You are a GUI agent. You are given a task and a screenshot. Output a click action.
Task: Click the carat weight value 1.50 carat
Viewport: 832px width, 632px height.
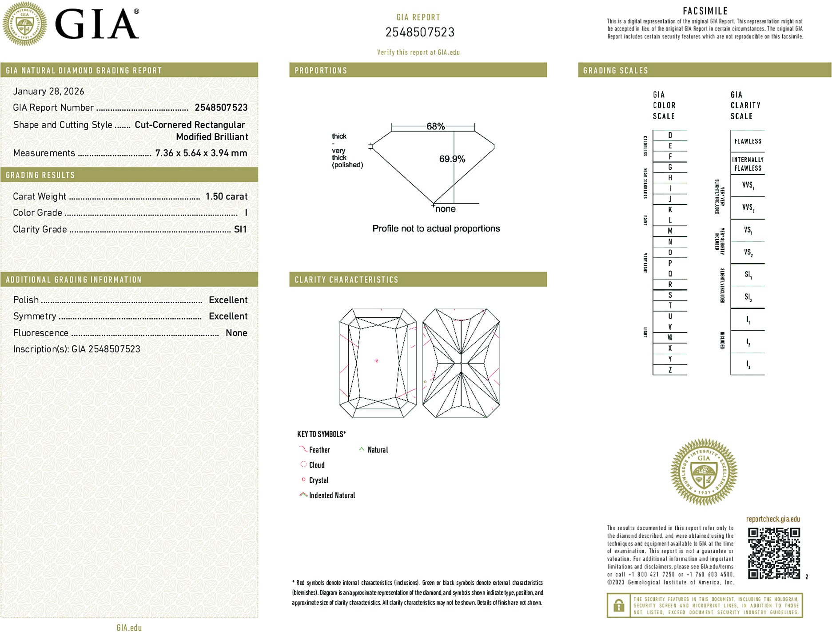[x=226, y=196]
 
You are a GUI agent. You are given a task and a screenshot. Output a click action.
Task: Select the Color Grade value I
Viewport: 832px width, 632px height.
[x=246, y=213]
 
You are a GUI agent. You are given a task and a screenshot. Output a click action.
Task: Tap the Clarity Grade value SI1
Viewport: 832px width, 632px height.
[x=240, y=229]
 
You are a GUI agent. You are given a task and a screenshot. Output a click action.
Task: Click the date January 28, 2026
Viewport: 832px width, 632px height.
[x=48, y=91]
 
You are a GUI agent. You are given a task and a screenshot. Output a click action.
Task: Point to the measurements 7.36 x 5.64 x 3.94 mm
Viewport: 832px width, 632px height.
[x=201, y=153]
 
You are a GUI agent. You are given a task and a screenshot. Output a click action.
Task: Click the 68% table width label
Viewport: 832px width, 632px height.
[x=435, y=126]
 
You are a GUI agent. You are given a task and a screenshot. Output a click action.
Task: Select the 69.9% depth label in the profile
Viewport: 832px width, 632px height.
[x=452, y=159]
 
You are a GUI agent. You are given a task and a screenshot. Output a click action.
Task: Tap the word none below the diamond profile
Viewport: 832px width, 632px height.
[x=445, y=209]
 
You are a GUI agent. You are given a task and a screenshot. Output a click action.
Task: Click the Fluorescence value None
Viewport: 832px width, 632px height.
[x=236, y=333]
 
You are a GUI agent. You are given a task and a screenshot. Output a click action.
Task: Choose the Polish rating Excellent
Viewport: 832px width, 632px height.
[x=228, y=300]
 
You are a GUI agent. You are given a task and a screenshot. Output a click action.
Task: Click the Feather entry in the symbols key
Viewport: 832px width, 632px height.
[x=319, y=450]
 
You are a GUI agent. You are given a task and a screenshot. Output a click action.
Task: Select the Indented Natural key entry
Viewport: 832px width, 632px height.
[x=332, y=495]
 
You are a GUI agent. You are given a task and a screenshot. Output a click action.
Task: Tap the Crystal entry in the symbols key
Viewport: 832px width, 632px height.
[x=318, y=480]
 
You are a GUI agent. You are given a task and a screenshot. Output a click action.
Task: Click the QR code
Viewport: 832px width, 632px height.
[x=774, y=553]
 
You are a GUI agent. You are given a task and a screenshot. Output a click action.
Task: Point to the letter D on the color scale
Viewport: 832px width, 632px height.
[x=670, y=135]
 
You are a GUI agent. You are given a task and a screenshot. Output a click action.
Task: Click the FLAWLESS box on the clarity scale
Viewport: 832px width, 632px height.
[x=748, y=141]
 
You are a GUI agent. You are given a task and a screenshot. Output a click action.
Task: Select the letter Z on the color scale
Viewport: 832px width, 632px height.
[x=670, y=370]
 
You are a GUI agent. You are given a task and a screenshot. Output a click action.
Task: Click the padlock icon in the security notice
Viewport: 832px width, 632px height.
[x=618, y=605]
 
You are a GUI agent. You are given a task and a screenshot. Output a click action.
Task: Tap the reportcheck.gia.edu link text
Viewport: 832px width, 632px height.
[x=773, y=519]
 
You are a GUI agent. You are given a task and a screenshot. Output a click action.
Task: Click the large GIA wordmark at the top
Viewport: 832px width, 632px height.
[x=97, y=24]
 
